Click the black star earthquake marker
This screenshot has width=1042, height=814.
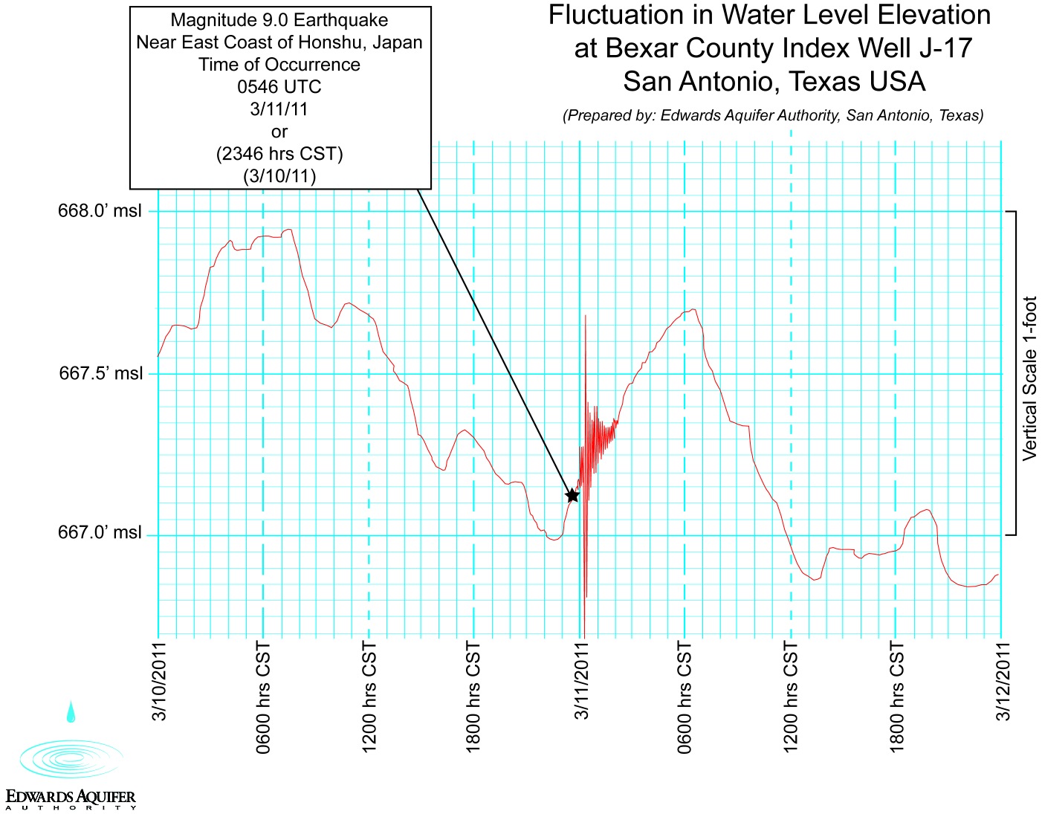point(572,495)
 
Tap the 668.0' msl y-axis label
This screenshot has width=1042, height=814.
point(99,211)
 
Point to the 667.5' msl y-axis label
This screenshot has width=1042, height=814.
point(100,373)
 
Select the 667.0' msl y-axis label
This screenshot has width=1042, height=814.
point(99,533)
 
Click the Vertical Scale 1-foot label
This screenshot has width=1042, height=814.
point(1029,378)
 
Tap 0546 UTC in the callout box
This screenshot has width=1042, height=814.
point(279,87)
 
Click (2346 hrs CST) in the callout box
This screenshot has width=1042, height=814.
point(279,154)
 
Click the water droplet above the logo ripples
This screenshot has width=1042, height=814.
point(71,711)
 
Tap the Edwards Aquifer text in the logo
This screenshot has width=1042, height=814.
point(71,797)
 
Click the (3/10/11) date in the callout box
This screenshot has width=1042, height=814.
point(279,176)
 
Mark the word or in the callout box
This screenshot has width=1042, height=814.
point(279,132)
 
